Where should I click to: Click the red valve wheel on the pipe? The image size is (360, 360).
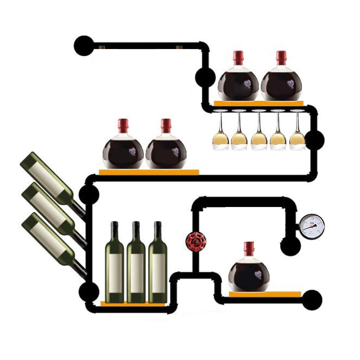pyautogui.click(x=195, y=241)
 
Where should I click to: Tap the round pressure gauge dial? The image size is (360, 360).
pyautogui.click(x=312, y=226)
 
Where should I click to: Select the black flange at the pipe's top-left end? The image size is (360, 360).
pyautogui.click(x=84, y=45)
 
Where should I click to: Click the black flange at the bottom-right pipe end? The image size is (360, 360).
pyautogui.click(x=312, y=300)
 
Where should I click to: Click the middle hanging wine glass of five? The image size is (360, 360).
pyautogui.click(x=259, y=135)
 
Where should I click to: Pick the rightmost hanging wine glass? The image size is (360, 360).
pyautogui.click(x=297, y=135)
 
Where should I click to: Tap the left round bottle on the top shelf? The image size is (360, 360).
pyautogui.click(x=238, y=83)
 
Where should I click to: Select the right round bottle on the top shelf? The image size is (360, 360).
pyautogui.click(x=281, y=83)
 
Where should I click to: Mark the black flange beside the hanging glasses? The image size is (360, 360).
pyautogui.click(x=315, y=140)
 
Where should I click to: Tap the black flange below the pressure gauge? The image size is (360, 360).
pyautogui.click(x=290, y=246)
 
